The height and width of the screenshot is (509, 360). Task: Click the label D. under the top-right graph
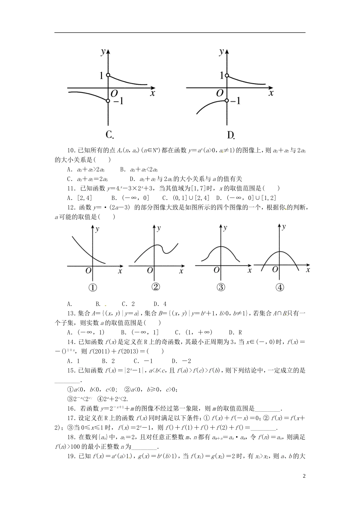pos(231,135)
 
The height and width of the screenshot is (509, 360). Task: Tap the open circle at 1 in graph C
pos(108,75)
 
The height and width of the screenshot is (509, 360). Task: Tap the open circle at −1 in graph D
pos(227,101)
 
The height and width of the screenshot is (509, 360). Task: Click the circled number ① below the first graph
pos(92,287)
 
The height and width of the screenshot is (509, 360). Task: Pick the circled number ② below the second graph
pos(155,287)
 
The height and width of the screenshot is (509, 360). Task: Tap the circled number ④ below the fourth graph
pos(280,287)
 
